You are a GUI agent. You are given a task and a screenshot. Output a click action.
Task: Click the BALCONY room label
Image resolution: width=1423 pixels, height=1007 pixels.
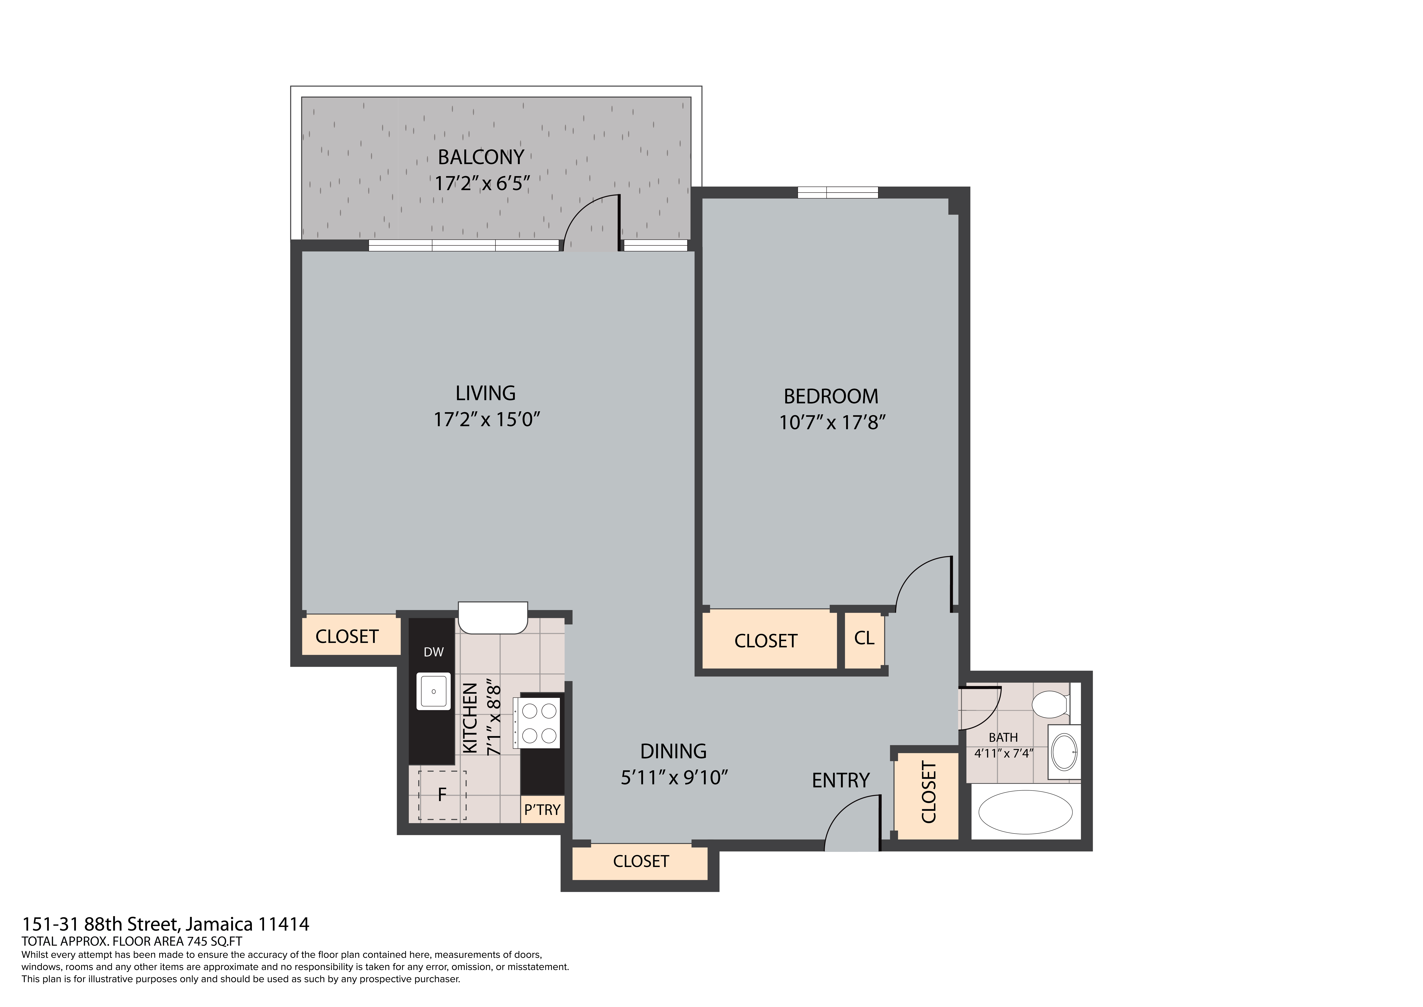point(481,158)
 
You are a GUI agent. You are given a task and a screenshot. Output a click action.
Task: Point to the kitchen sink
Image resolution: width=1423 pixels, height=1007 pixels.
point(434,691)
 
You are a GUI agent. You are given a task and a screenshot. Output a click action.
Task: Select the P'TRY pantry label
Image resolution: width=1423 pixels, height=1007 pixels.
point(542,810)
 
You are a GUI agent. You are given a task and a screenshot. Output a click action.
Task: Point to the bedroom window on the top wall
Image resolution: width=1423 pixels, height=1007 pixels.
point(837,193)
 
